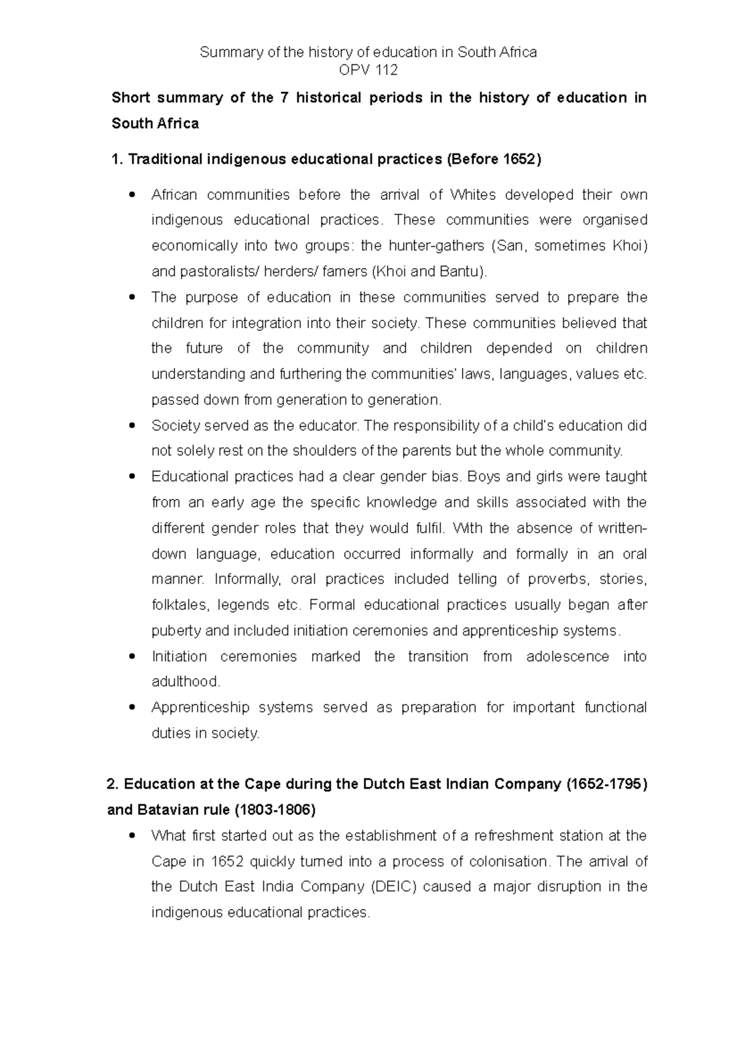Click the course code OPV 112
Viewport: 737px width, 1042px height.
point(368,70)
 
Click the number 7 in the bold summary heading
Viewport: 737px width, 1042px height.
point(283,98)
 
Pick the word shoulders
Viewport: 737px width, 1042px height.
point(322,451)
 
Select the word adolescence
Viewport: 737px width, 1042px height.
point(567,657)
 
